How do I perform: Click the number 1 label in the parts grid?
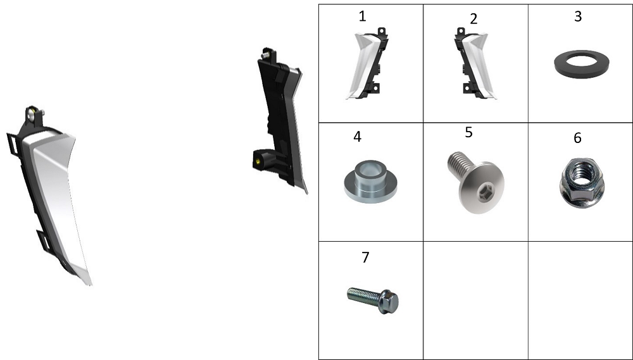pos(363,16)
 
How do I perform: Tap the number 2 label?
pos(473,18)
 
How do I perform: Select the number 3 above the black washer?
pos(578,16)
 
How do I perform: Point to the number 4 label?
pos(357,137)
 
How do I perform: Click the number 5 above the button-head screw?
pos(468,132)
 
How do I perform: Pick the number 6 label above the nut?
pos(577,138)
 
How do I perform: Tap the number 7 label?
pos(365,257)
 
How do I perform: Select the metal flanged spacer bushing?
pos(370,181)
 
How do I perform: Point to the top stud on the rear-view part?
pos(265,54)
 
